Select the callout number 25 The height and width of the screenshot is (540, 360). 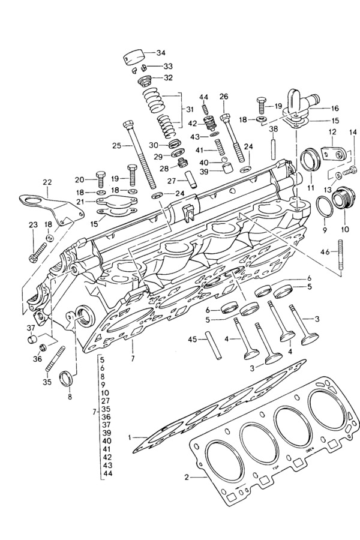pos(116,146)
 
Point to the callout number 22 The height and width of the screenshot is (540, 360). pos(47,182)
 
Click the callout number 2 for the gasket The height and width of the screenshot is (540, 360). pos(187,478)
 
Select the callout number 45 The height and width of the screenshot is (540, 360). pos(192,340)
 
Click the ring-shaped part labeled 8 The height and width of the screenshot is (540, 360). pos(67,379)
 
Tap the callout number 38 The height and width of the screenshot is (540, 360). pos(273,129)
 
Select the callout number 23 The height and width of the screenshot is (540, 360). pos(32,225)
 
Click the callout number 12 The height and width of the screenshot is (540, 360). pos(332,132)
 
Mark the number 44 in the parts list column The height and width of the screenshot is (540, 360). pos(108,473)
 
